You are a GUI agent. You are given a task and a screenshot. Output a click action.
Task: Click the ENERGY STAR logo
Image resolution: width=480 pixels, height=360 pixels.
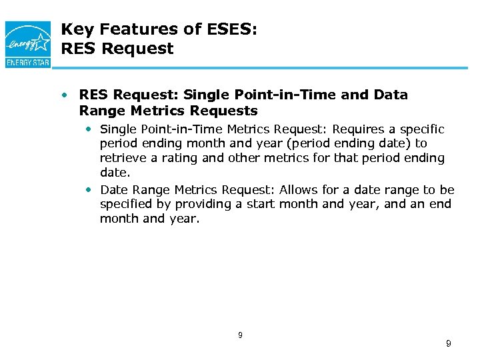28,43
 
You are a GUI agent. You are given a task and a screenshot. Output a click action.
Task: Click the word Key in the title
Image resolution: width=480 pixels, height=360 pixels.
74,29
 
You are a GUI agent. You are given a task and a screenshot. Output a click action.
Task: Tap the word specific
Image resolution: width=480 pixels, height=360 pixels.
421,129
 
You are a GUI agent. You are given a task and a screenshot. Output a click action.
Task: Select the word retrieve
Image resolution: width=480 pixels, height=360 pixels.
123,158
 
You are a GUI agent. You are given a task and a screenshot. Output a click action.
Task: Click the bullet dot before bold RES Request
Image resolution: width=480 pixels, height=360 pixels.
65,95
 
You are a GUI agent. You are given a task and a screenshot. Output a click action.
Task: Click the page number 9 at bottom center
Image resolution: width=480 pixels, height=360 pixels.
240,335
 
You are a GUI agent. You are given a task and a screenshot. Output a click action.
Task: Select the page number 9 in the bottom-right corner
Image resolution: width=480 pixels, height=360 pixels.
448,343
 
